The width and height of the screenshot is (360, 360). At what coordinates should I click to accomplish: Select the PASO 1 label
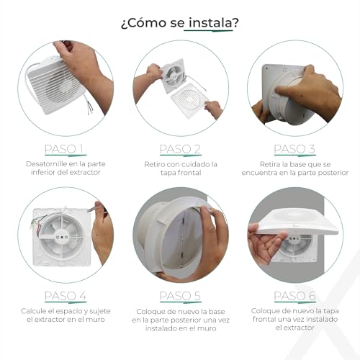tap(64, 149)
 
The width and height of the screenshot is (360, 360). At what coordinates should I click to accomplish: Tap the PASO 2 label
tap(180, 149)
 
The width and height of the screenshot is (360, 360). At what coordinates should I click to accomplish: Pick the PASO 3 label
tap(294, 149)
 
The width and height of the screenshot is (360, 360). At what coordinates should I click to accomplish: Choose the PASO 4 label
tap(64, 296)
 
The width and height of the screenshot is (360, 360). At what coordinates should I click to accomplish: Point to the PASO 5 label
tap(180, 296)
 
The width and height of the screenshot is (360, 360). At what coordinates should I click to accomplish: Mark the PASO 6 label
tap(294, 296)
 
